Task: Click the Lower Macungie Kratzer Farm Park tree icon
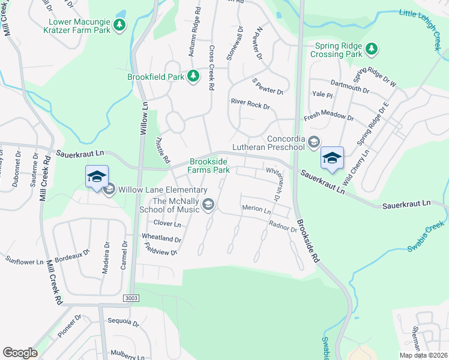[121, 25]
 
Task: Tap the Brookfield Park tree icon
[193, 77]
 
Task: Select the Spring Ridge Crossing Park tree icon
[372, 48]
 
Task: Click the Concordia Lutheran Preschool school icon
[313, 142]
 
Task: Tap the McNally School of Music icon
[208, 205]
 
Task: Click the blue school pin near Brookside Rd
[332, 158]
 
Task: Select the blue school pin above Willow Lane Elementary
[97, 177]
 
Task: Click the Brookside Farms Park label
[210, 166]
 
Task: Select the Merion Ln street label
[256, 210]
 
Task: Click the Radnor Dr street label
[283, 226]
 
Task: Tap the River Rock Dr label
[250, 103]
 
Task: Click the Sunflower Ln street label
[24, 261]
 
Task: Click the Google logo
[20, 352]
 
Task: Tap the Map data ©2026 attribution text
[423, 355]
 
